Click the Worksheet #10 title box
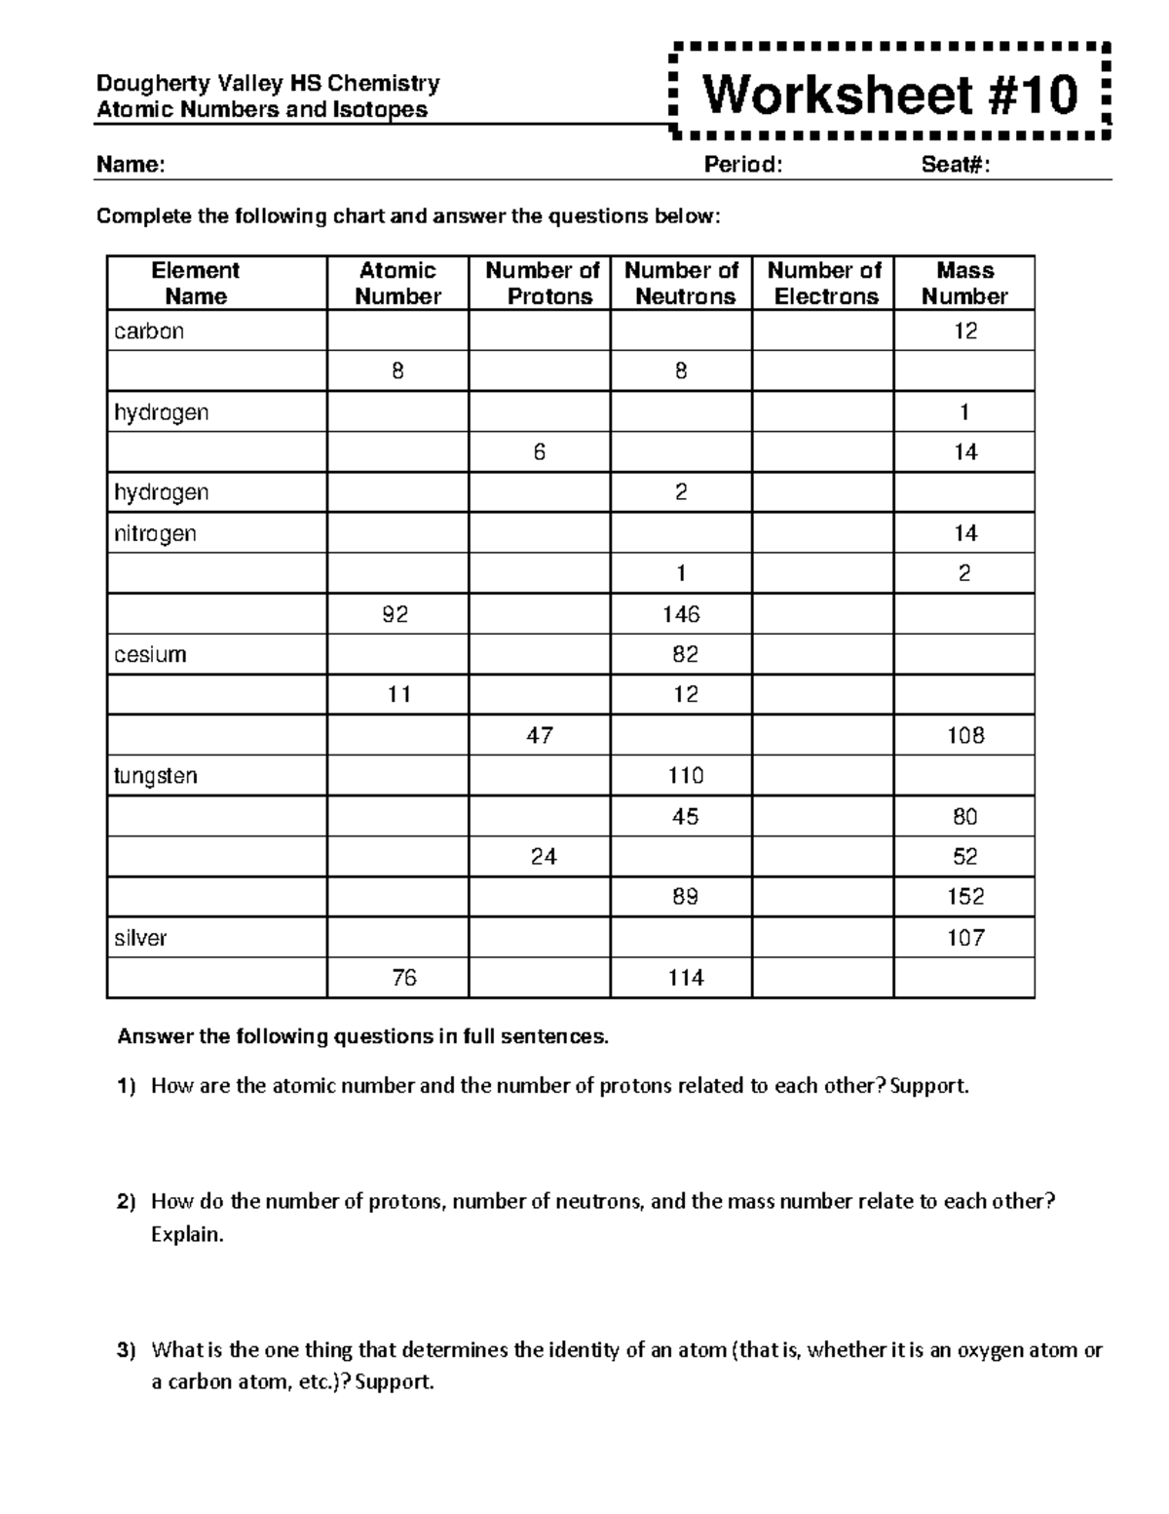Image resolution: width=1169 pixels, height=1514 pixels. point(889,95)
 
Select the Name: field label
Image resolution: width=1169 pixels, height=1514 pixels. point(131,165)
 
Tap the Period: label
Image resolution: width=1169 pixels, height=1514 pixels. point(743,165)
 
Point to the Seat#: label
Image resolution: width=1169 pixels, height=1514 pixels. point(956,165)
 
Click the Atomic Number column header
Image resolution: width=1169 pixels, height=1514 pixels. point(397,284)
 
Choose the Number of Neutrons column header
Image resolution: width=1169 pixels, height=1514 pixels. point(681,284)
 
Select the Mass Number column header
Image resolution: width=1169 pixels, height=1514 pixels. point(964,284)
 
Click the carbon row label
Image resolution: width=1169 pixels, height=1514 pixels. point(149,331)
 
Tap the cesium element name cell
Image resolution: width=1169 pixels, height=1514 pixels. point(150,654)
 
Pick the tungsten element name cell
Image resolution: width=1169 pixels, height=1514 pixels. point(156,776)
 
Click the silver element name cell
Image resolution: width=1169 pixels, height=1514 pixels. point(140,938)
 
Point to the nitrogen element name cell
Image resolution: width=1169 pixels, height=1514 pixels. point(155,533)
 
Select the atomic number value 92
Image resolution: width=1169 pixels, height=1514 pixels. point(396,614)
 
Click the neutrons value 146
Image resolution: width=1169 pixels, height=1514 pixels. point(681,614)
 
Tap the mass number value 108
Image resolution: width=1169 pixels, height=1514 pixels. point(964,735)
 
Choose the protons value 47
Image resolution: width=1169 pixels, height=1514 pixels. point(540,735)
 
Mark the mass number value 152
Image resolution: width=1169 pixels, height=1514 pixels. point(964,897)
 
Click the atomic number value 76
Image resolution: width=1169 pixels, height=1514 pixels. point(403,978)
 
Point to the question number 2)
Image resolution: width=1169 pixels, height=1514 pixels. point(128,1202)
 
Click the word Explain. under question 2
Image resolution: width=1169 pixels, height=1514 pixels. point(187,1235)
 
